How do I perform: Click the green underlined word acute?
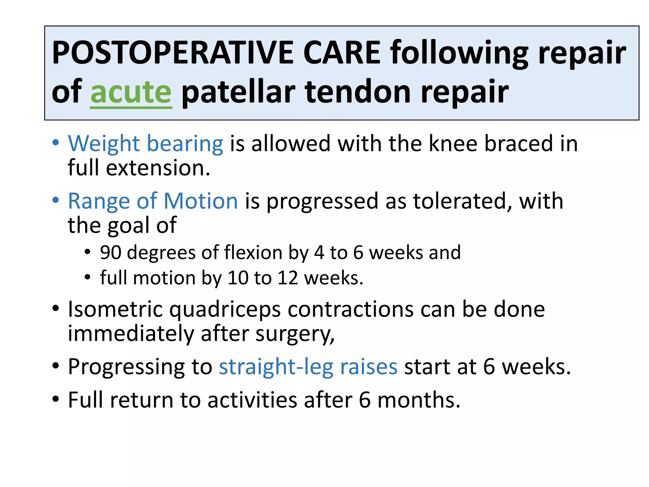[131, 92]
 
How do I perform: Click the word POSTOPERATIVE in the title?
[173, 53]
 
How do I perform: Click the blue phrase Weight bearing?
[146, 144]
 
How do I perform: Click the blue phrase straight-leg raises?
[308, 367]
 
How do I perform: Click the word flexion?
[253, 253]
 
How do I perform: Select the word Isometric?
[115, 309]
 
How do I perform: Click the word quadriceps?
[225, 310]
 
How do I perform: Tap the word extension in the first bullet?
[158, 168]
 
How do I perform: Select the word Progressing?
[126, 367]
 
